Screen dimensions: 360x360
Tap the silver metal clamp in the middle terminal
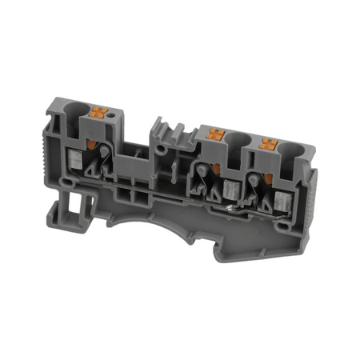click(x=231, y=190)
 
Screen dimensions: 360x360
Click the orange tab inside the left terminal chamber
click(x=100, y=144)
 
